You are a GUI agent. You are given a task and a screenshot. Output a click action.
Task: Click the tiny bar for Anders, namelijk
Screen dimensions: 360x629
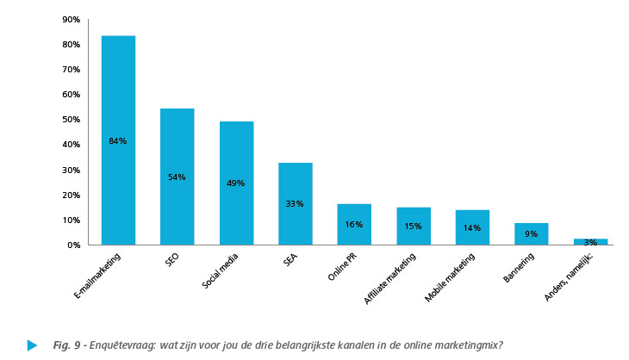tap(590, 242)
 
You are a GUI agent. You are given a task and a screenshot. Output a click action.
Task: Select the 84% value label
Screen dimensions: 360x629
tap(118, 140)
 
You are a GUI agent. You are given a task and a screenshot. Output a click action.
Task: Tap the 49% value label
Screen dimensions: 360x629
tap(236, 183)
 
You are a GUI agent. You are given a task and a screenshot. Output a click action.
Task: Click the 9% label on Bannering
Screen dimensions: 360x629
tap(531, 233)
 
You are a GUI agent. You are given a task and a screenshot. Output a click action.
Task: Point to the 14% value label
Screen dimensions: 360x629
tap(472, 227)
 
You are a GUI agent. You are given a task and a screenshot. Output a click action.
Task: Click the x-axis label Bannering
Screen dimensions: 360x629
tap(521, 269)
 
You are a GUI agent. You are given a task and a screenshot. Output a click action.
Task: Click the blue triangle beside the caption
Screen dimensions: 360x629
tap(32, 345)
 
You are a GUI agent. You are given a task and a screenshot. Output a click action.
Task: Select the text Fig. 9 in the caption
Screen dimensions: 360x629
tap(65, 345)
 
